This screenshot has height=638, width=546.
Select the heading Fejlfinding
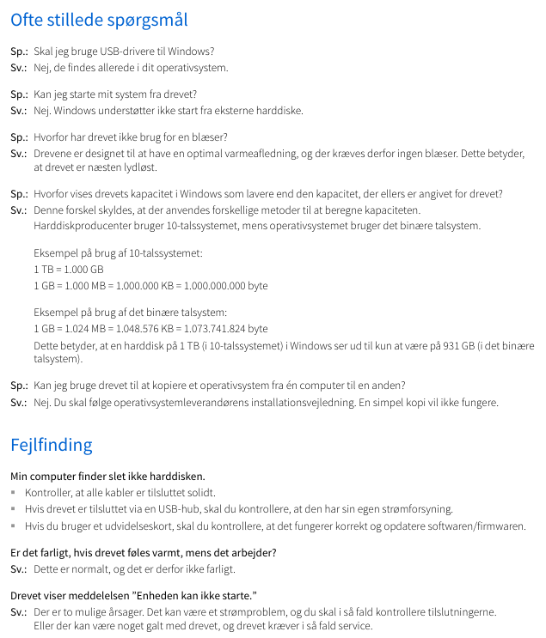pos(51,445)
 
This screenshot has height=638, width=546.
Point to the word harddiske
pos(280,111)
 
